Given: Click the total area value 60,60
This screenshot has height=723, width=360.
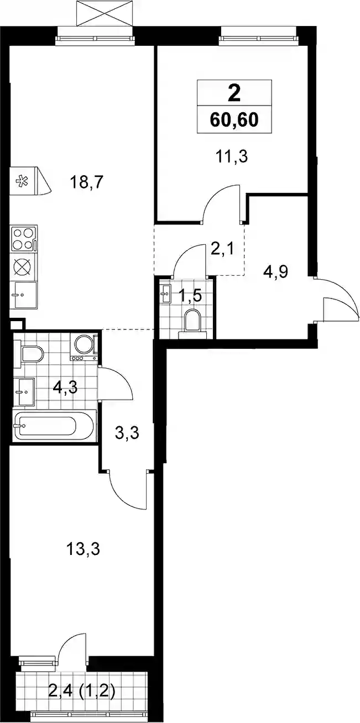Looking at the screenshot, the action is (x=234, y=120).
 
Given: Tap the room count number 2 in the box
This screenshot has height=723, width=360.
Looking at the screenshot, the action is (x=234, y=93).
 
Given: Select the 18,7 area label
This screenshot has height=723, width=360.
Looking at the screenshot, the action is (x=86, y=183).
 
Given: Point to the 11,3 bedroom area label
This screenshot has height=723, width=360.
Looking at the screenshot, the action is (x=231, y=157).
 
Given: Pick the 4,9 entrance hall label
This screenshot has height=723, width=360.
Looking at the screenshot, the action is (x=275, y=272).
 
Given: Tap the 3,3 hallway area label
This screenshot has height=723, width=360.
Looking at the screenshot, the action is (x=127, y=433).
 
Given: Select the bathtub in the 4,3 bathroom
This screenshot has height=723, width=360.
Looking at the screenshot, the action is (x=54, y=426).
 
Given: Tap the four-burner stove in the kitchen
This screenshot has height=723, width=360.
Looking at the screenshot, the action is (x=24, y=238).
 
